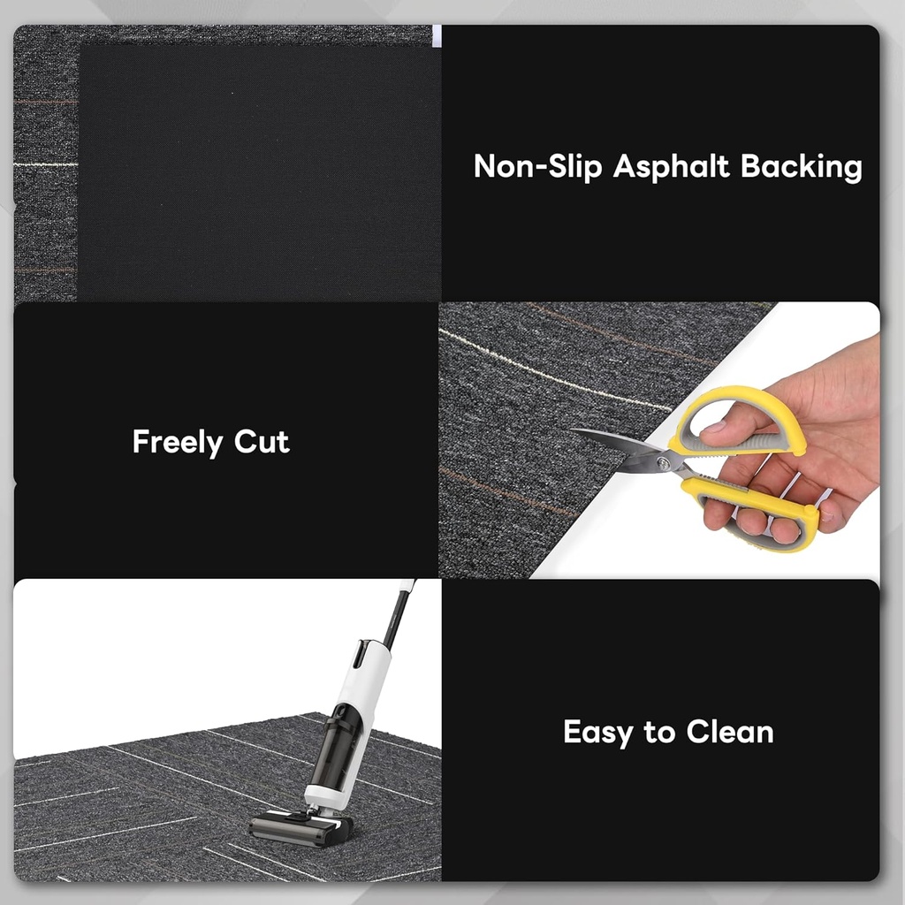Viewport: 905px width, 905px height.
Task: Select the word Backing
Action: (x=802, y=167)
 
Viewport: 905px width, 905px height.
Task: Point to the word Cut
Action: (x=262, y=442)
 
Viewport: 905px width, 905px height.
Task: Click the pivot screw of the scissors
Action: (x=663, y=461)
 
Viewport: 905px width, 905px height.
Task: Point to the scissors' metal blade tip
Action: (x=576, y=431)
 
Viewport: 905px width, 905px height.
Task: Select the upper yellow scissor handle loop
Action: (x=742, y=422)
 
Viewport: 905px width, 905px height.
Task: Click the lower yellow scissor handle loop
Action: (x=760, y=517)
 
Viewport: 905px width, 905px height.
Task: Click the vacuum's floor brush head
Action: (x=300, y=828)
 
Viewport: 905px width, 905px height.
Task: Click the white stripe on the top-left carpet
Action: (x=44, y=164)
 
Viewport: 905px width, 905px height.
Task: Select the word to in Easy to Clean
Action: (x=659, y=733)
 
